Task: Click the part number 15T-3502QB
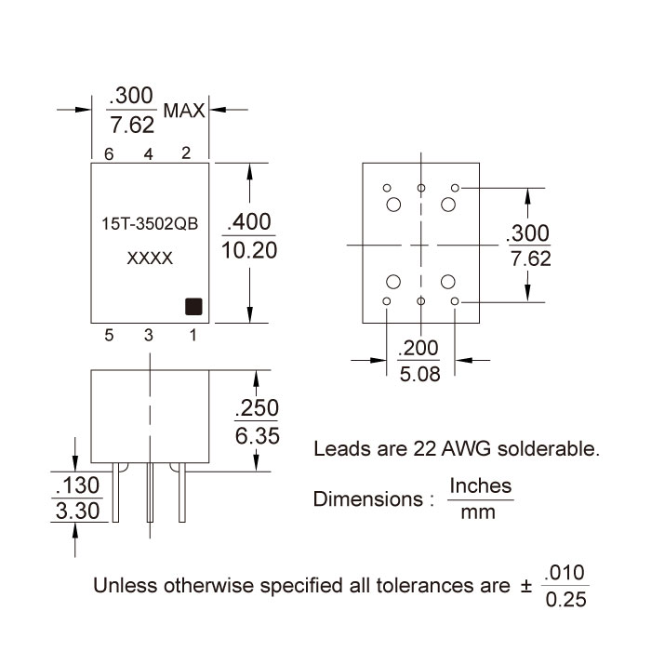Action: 149,225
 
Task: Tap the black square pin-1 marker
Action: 193,306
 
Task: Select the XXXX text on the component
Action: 149,259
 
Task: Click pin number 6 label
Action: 109,154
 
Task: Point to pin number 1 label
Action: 193,336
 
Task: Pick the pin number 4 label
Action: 148,154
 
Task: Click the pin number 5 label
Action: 109,336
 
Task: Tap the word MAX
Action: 183,111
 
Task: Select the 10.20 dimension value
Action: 249,251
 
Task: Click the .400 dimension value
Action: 249,222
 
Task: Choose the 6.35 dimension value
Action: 258,435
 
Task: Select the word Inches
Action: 481,486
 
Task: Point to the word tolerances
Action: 433,587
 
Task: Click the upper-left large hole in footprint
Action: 392,204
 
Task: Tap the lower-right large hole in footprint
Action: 449,283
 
